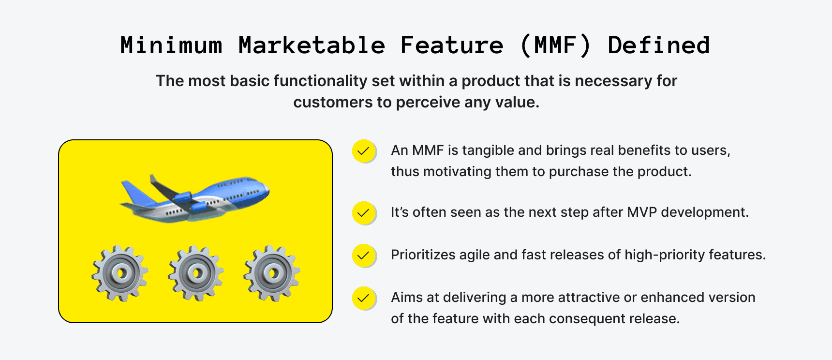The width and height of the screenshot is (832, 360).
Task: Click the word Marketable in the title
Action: click(x=312, y=45)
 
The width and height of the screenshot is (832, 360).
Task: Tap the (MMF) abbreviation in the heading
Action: click(x=555, y=45)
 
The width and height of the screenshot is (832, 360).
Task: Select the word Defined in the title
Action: click(x=658, y=45)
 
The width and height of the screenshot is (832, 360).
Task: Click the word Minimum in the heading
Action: click(x=171, y=45)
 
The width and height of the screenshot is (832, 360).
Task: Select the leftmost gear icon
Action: click(x=119, y=273)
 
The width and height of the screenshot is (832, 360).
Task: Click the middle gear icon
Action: click(x=195, y=273)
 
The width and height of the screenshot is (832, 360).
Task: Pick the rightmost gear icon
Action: click(x=271, y=273)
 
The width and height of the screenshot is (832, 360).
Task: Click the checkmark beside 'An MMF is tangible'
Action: click(x=364, y=151)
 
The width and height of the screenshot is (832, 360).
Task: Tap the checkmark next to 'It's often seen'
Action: click(x=364, y=213)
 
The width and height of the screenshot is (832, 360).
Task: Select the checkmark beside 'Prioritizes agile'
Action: click(x=364, y=255)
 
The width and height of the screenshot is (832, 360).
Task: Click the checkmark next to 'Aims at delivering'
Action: click(x=364, y=298)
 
